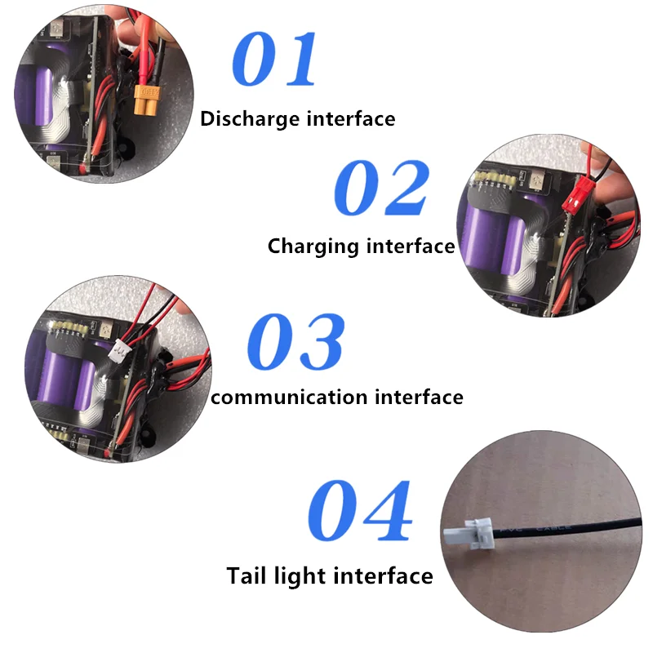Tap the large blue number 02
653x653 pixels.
pyautogui.click(x=381, y=189)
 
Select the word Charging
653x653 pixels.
pyautogui.click(x=314, y=246)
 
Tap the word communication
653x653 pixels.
pyautogui.click(x=289, y=398)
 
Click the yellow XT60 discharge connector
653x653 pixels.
pyautogui.click(x=146, y=101)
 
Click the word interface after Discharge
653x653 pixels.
pyautogui.click(x=351, y=119)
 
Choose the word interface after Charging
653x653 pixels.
pyautogui.click(x=411, y=246)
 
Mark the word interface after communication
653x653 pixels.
pyautogui.click(x=418, y=398)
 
